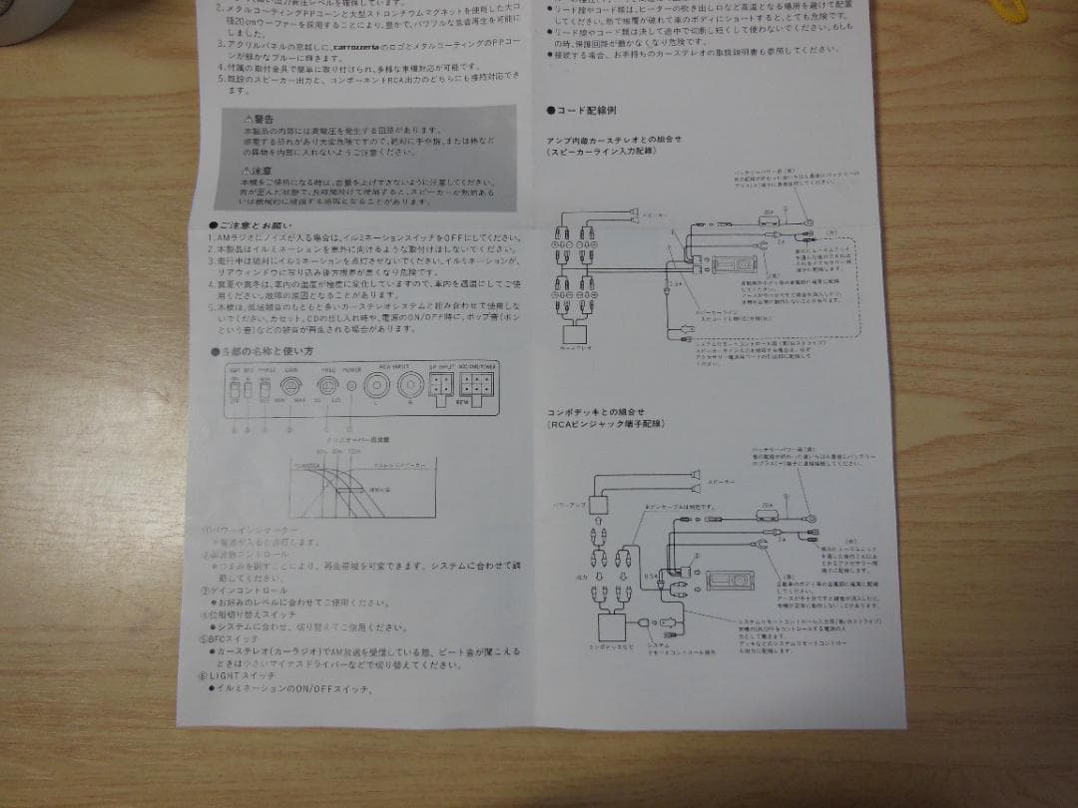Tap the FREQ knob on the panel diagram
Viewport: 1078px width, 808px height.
click(327, 384)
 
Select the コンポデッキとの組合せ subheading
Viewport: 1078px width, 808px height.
click(596, 411)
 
